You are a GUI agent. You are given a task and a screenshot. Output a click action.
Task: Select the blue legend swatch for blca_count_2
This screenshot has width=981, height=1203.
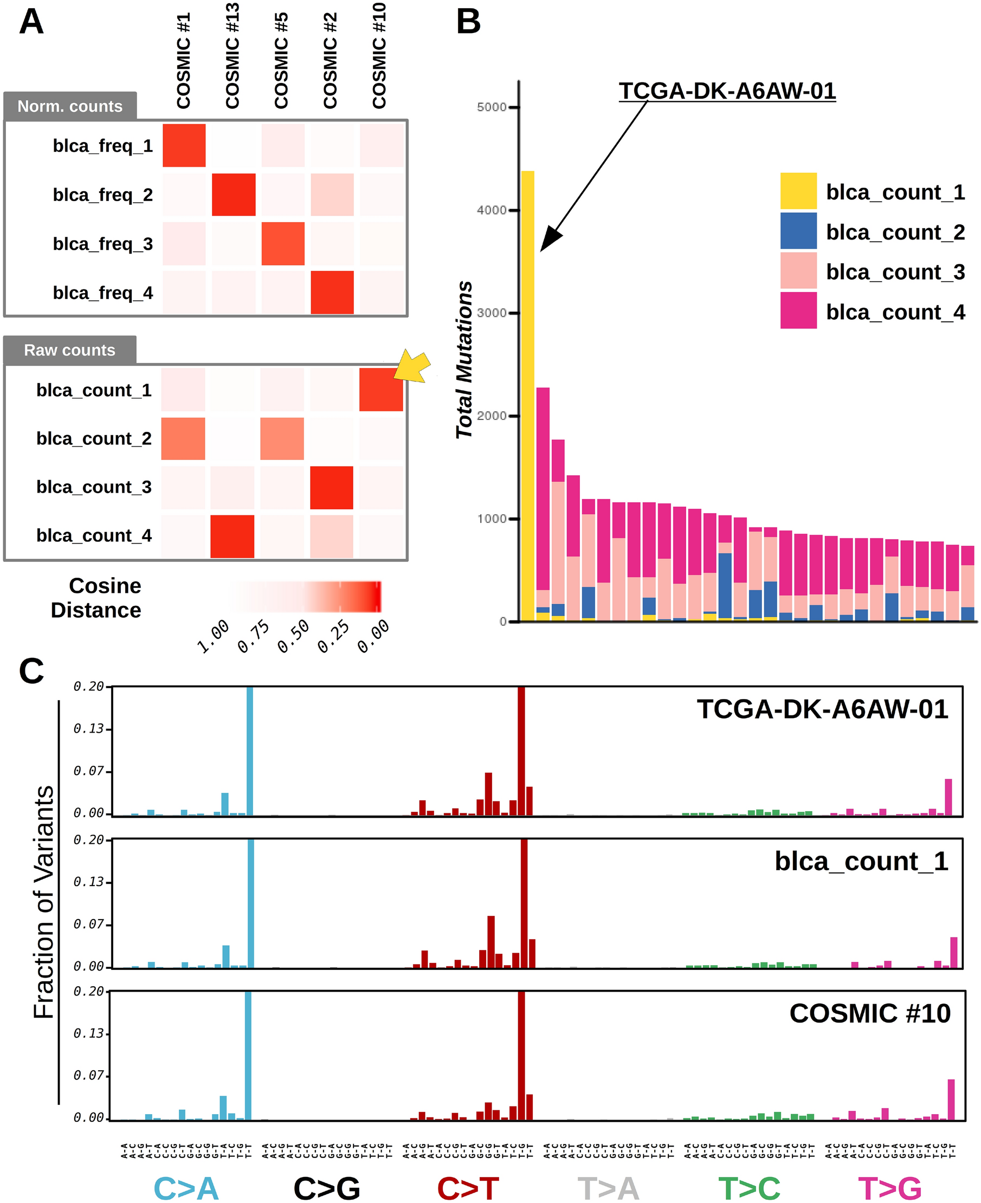click(798, 230)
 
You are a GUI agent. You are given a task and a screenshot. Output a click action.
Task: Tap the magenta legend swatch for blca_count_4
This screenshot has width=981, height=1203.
click(798, 310)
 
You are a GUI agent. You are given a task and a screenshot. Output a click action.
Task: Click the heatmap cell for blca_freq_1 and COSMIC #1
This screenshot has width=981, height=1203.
click(184, 145)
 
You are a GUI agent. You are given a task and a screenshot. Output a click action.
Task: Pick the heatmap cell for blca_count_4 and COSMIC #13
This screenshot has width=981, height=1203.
click(233, 536)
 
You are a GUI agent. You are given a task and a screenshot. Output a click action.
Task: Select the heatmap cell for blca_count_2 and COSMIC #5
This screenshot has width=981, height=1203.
click(282, 438)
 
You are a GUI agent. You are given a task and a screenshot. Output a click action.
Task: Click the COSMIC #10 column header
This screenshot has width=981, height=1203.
click(379, 55)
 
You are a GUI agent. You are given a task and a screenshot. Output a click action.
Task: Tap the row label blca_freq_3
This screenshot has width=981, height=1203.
click(103, 243)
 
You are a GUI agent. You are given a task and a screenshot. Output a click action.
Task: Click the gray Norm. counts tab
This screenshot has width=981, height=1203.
click(70, 106)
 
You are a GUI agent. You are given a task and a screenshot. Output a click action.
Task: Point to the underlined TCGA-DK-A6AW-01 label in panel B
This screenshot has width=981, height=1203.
click(727, 91)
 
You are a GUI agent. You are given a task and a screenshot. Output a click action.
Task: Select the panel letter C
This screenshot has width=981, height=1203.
click(31, 671)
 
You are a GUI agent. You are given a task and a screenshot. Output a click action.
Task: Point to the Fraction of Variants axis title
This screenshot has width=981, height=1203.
click(44, 902)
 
